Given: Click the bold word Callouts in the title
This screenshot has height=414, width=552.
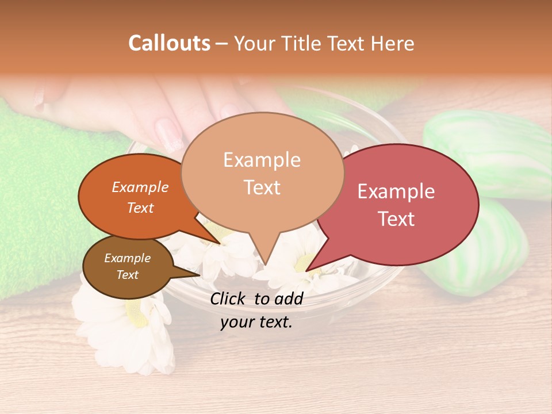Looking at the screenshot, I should click(x=169, y=43).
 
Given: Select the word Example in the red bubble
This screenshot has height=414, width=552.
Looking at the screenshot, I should click(x=396, y=191).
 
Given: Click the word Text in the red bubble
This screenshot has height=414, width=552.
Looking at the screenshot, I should click(x=396, y=219).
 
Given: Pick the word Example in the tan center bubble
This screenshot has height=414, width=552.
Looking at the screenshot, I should click(x=262, y=160).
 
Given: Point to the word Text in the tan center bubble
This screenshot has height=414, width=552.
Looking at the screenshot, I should click(x=262, y=187).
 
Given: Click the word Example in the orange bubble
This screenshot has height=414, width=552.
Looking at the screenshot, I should click(x=140, y=187).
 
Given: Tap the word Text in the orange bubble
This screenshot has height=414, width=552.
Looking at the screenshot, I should click(x=140, y=208).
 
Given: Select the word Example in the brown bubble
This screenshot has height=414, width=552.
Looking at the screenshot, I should click(x=127, y=259).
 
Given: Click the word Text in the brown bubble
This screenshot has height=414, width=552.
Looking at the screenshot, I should click(x=127, y=275).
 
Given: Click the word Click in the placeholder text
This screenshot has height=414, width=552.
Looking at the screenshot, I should click(x=229, y=298).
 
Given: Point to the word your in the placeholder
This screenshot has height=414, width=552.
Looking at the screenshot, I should click(x=236, y=323).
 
